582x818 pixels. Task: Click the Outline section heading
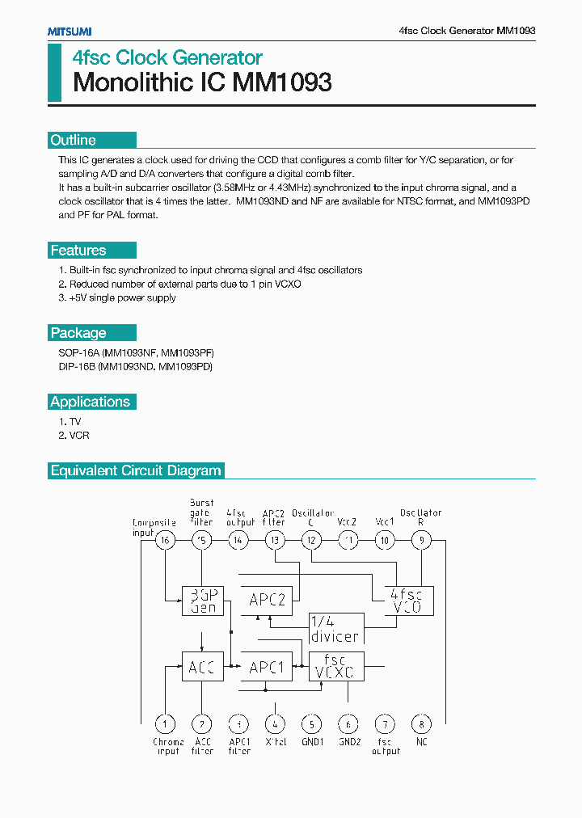click(x=74, y=140)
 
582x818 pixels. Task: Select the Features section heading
click(x=78, y=251)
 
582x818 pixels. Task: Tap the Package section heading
click(x=78, y=333)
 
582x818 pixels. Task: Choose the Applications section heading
click(x=90, y=402)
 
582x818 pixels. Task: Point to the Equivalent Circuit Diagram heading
click(x=136, y=470)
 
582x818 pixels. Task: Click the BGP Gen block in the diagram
click(x=202, y=600)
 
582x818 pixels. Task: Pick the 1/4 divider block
click(x=335, y=628)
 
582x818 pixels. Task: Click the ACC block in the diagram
click(x=202, y=667)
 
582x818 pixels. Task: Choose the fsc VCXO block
click(x=336, y=667)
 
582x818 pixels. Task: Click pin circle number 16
click(x=165, y=541)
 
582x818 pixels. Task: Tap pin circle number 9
click(x=420, y=541)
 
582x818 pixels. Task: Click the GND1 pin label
click(x=312, y=741)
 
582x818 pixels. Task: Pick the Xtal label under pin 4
click(x=276, y=741)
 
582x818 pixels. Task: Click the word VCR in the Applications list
click(x=79, y=436)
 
